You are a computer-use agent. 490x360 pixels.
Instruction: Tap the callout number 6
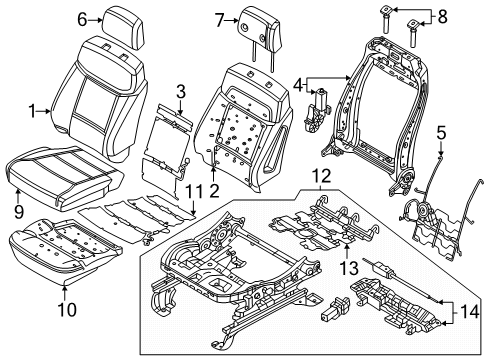point(83,17)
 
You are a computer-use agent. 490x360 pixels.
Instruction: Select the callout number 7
point(219,17)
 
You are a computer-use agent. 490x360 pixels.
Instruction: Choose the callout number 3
point(181,92)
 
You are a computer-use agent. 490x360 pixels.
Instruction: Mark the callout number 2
point(213,192)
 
